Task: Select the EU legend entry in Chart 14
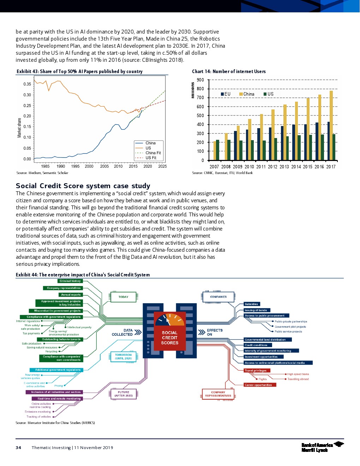226,94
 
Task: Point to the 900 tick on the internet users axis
200,80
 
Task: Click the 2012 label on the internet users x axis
272,167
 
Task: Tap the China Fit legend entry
153,153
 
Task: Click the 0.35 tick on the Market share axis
27,84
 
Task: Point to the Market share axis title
19,127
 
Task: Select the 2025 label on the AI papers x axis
162,166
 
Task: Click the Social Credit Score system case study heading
83,186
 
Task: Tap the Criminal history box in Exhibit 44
70,281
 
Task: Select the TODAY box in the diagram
123,297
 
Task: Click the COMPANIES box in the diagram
218,297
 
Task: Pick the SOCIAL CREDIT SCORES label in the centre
170,337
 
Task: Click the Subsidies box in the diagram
252,304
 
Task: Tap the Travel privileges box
257,370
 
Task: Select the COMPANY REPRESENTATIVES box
218,394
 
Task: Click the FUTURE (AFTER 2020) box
124,394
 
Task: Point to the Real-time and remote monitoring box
59,399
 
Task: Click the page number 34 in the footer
18,448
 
